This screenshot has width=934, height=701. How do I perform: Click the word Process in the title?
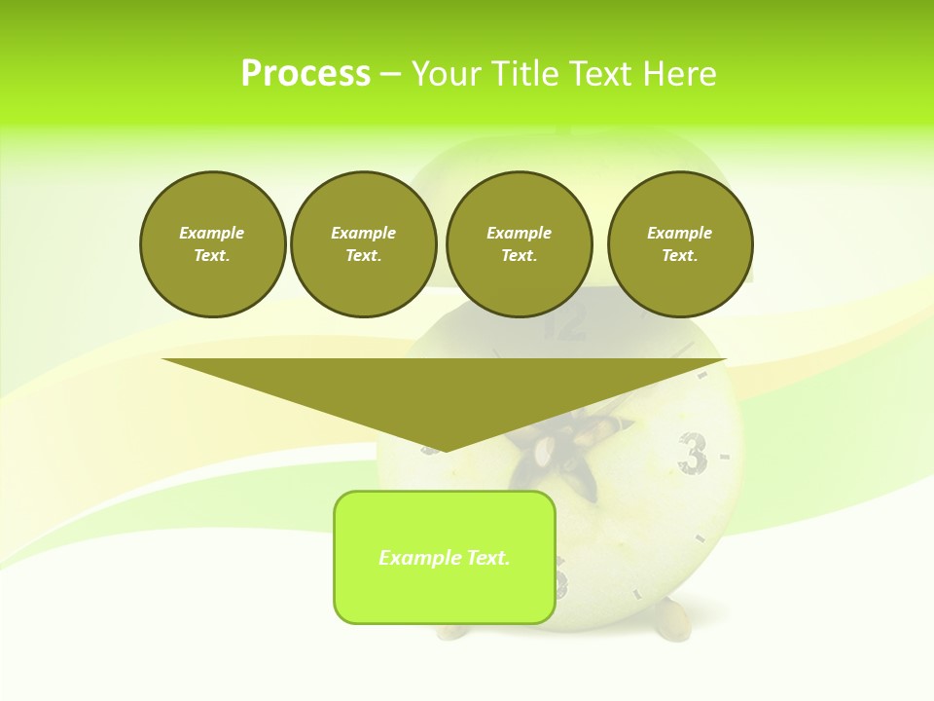coord(305,74)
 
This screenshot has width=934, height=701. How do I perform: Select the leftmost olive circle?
coord(213,244)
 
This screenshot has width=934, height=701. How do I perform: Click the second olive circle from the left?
coord(364,244)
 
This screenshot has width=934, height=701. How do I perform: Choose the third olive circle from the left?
coord(520,244)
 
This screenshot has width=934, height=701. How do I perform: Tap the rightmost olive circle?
coord(680,244)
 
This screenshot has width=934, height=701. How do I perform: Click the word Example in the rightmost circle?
coord(680,233)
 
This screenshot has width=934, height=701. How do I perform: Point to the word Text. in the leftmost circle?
coord(212,256)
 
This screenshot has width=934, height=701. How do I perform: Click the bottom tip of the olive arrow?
coord(445,450)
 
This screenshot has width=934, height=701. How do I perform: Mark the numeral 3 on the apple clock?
coord(692,453)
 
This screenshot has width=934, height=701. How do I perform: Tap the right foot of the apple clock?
coord(672,623)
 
